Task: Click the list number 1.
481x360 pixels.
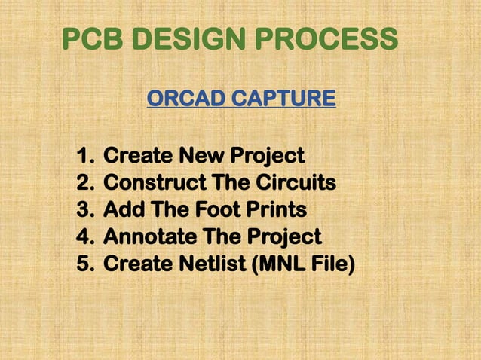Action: tap(83, 157)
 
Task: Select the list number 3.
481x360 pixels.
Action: tap(83, 210)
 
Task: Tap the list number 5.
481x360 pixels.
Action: tap(83, 264)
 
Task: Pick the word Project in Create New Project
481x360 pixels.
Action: tap(267, 157)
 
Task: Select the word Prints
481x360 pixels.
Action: tap(280, 210)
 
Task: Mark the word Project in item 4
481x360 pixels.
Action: tap(283, 237)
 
